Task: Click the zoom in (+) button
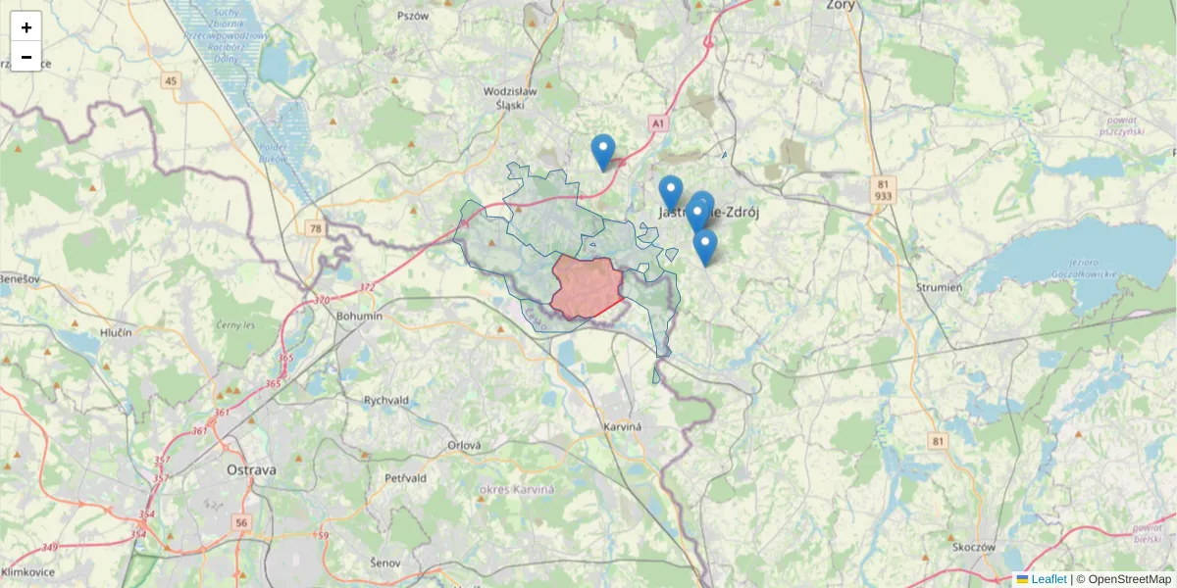coord(26,26)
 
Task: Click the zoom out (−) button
coord(26,57)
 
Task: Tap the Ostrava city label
coord(251,470)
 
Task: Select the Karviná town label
coord(623,427)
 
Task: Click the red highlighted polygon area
coord(587,287)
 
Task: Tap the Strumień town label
coord(939,287)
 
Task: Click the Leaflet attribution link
coord(1049,579)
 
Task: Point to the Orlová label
coord(465,445)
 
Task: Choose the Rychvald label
coord(385,400)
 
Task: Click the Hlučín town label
coord(116,333)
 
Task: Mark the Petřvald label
coord(405,478)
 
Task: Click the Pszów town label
coord(413,16)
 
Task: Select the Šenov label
coord(386,563)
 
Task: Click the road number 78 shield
coord(315,228)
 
